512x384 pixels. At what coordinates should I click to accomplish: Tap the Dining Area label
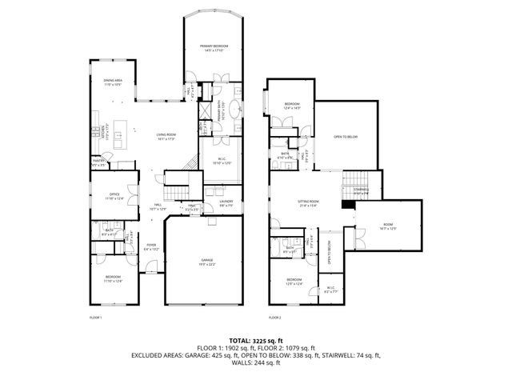point(111,82)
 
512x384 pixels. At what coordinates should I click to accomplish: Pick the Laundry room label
point(226,203)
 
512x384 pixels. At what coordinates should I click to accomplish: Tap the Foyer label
point(151,247)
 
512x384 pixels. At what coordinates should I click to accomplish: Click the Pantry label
point(99,162)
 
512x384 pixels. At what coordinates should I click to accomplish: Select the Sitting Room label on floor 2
point(309,202)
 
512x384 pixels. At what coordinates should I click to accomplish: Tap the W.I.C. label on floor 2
point(331,290)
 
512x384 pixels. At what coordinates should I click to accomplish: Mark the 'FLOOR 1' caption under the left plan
point(96,318)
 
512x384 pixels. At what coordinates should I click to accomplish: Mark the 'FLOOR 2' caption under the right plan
point(275,318)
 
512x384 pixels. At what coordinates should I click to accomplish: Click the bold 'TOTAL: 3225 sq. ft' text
point(255,340)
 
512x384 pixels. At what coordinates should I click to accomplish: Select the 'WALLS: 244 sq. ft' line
point(255,362)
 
